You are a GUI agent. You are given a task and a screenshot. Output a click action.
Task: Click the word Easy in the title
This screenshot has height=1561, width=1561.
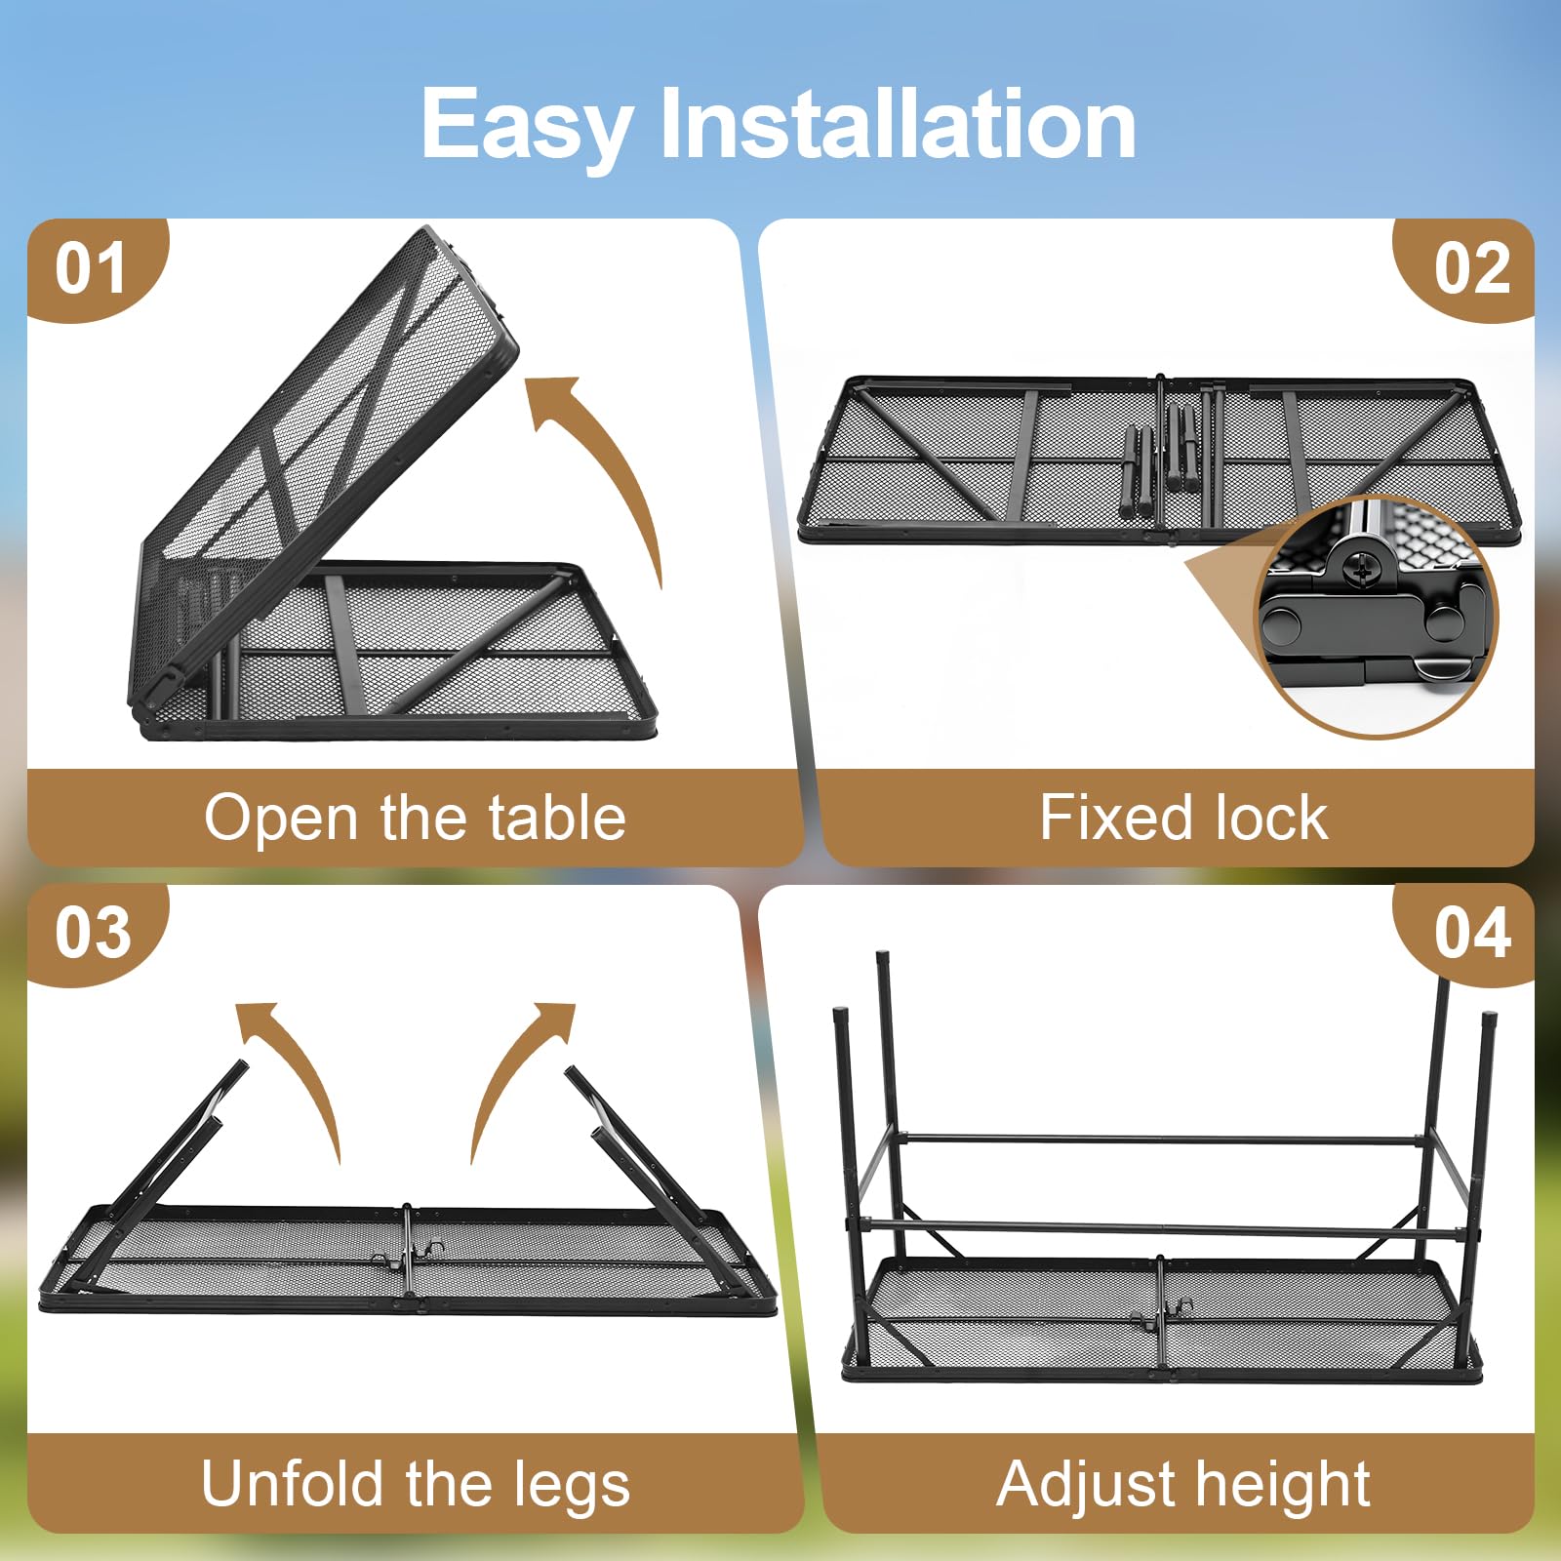click(x=526, y=125)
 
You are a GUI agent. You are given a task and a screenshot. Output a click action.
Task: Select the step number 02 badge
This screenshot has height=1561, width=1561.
click(x=1468, y=268)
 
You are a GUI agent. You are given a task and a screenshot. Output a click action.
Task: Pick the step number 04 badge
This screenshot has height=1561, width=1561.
click(x=1468, y=933)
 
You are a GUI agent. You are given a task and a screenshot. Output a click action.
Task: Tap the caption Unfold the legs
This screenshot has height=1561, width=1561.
click(x=416, y=1484)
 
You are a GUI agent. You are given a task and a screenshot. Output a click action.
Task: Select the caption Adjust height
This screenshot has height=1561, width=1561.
click(x=1183, y=1484)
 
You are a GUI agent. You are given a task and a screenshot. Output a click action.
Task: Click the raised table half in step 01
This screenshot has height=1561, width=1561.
click(x=322, y=468)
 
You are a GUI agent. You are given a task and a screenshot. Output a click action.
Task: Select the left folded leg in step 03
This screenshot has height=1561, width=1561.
click(x=166, y=1171)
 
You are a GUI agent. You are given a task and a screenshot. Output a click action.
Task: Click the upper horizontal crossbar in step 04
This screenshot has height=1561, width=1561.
click(x=1161, y=1139)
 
